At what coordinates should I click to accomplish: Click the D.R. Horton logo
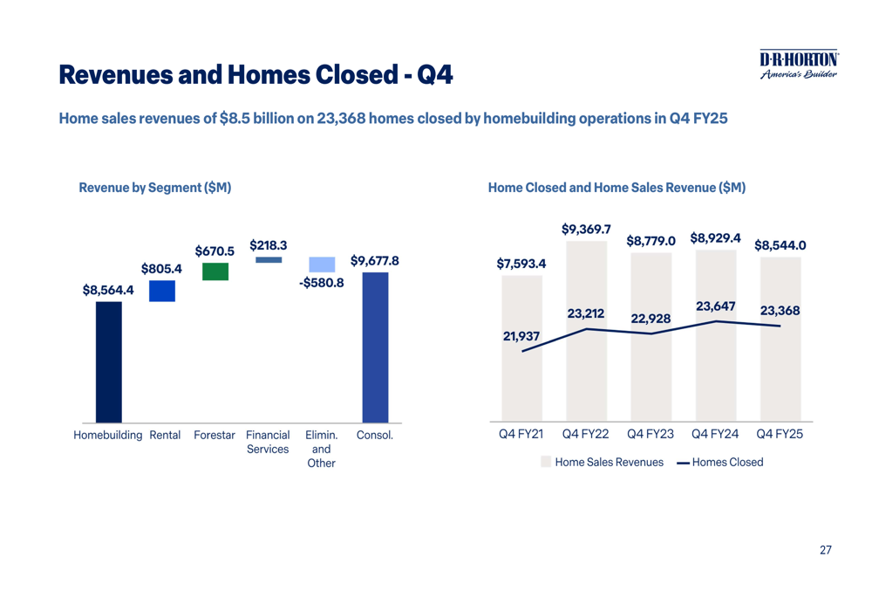click(798, 64)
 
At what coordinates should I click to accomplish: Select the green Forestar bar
click(215, 272)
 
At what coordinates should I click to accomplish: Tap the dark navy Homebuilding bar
click(109, 361)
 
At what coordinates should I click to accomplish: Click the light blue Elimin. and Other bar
click(322, 265)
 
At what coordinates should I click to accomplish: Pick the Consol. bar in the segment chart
click(375, 347)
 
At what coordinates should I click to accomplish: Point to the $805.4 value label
click(161, 269)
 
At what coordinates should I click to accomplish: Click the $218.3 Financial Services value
click(269, 246)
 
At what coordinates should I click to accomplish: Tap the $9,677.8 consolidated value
click(375, 260)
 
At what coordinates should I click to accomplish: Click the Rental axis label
click(165, 435)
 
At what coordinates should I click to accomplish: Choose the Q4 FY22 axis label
click(586, 435)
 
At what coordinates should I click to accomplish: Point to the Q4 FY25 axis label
click(780, 435)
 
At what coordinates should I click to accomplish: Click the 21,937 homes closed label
click(521, 334)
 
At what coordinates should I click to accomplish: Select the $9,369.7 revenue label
click(585, 230)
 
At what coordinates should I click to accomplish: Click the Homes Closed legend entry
click(719, 462)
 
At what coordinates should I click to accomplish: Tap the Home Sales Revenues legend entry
click(602, 462)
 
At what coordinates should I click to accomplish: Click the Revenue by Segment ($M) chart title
click(154, 187)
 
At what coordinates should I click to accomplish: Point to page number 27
click(825, 550)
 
